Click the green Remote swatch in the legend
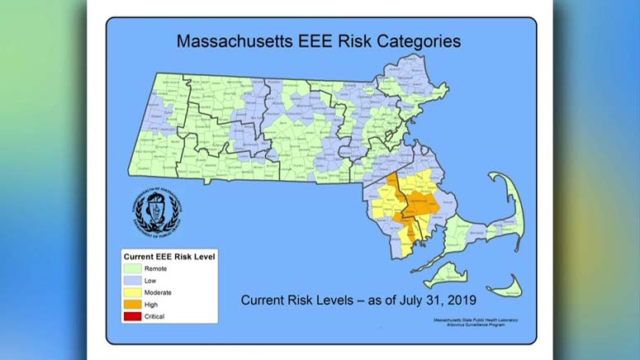(133, 268)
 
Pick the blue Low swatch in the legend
(133, 280)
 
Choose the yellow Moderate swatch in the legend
(133, 292)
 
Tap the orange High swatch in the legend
(133, 304)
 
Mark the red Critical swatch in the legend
(133, 315)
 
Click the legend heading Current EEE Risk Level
(169, 256)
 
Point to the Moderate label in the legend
(159, 292)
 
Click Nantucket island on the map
(505, 290)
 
